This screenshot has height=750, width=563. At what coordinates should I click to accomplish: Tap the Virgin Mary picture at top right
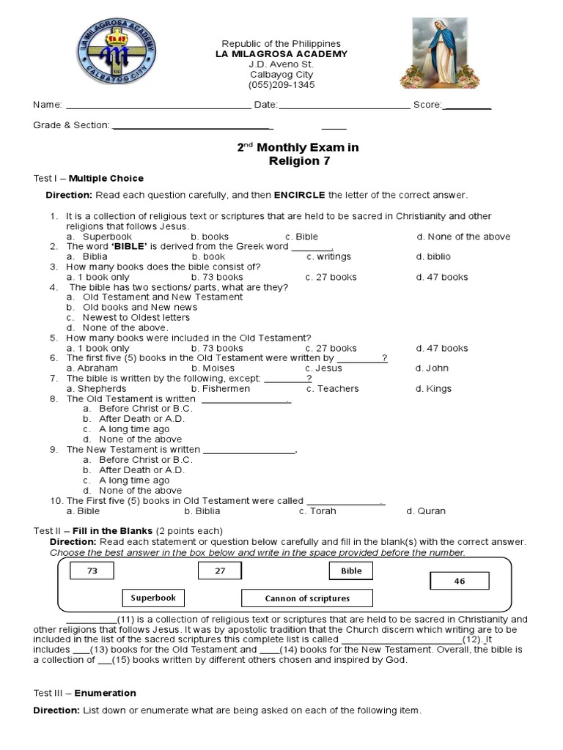(438, 52)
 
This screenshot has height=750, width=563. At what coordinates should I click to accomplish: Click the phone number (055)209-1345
(281, 85)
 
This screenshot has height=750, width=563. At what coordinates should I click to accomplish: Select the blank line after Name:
(158, 105)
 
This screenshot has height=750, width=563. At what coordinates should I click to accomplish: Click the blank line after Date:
(344, 105)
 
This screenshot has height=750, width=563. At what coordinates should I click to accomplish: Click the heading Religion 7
(298, 161)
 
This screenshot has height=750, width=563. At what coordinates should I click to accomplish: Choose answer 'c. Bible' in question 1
(301, 237)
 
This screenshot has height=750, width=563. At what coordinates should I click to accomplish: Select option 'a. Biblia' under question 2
(87, 257)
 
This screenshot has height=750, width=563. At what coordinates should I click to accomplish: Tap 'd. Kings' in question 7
(433, 389)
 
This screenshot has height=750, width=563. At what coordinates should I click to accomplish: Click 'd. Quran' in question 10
(426, 511)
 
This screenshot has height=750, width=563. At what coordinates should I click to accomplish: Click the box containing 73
(92, 571)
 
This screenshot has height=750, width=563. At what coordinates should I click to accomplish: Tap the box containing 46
(459, 582)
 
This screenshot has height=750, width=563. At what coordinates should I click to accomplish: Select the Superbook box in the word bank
(153, 598)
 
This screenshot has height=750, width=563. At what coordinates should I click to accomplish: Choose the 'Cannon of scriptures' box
(307, 598)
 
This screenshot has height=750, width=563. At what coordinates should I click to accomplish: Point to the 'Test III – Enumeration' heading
(85, 693)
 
